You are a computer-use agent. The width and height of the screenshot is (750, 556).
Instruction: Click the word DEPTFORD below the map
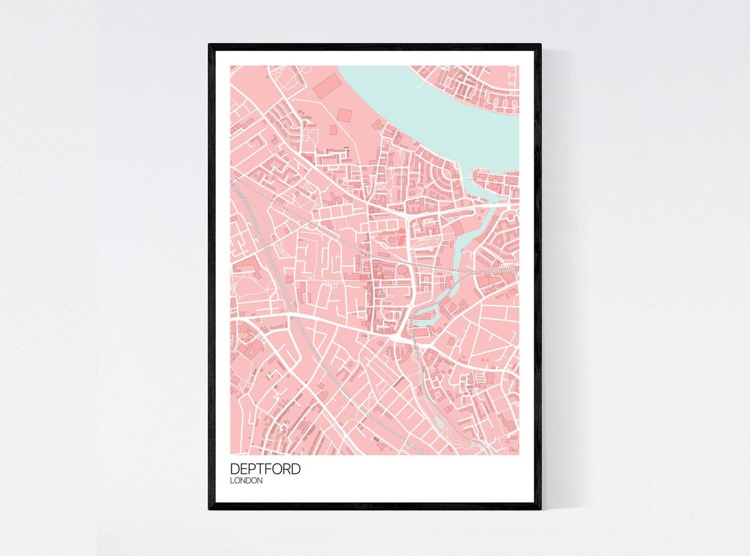[x=265, y=469]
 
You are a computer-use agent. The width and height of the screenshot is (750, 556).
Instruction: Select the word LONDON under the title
[x=247, y=481]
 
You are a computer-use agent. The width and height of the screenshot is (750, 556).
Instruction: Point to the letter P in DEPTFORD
[x=250, y=469]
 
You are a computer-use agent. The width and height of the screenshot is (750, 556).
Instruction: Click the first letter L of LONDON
[x=232, y=481]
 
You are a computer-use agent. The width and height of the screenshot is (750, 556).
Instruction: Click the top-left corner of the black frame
[x=210, y=45]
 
